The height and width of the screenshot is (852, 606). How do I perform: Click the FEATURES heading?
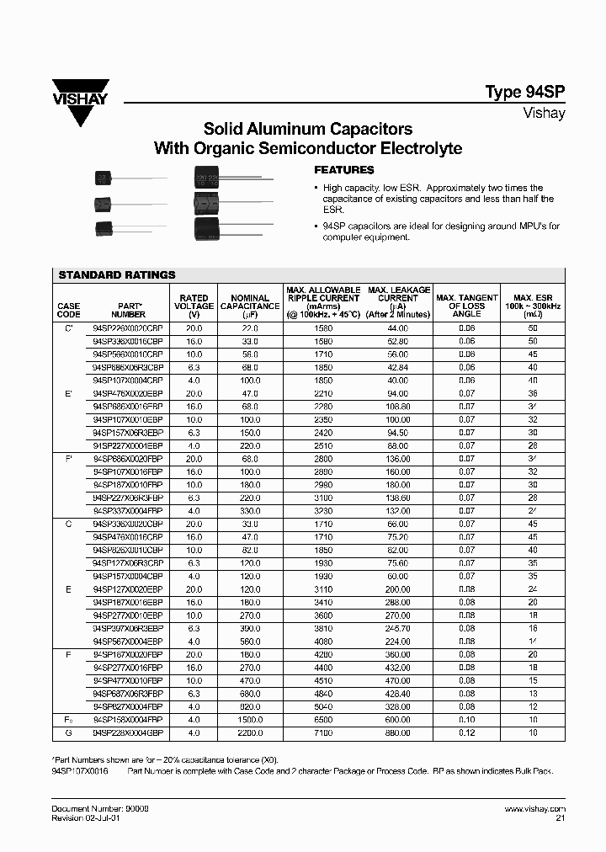click(339, 169)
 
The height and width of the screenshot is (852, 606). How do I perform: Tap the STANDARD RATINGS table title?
click(117, 274)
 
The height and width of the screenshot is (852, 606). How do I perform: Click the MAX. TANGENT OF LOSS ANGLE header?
click(467, 306)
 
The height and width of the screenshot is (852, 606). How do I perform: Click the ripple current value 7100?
click(324, 733)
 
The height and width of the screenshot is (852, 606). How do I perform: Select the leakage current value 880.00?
click(397, 733)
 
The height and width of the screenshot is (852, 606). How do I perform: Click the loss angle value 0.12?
click(467, 733)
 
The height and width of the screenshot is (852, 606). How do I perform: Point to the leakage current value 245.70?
click(397, 627)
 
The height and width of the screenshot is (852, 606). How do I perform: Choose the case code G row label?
click(69, 733)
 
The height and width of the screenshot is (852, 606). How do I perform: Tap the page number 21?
click(560, 817)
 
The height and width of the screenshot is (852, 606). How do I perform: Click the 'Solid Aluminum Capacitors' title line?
click(308, 130)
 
